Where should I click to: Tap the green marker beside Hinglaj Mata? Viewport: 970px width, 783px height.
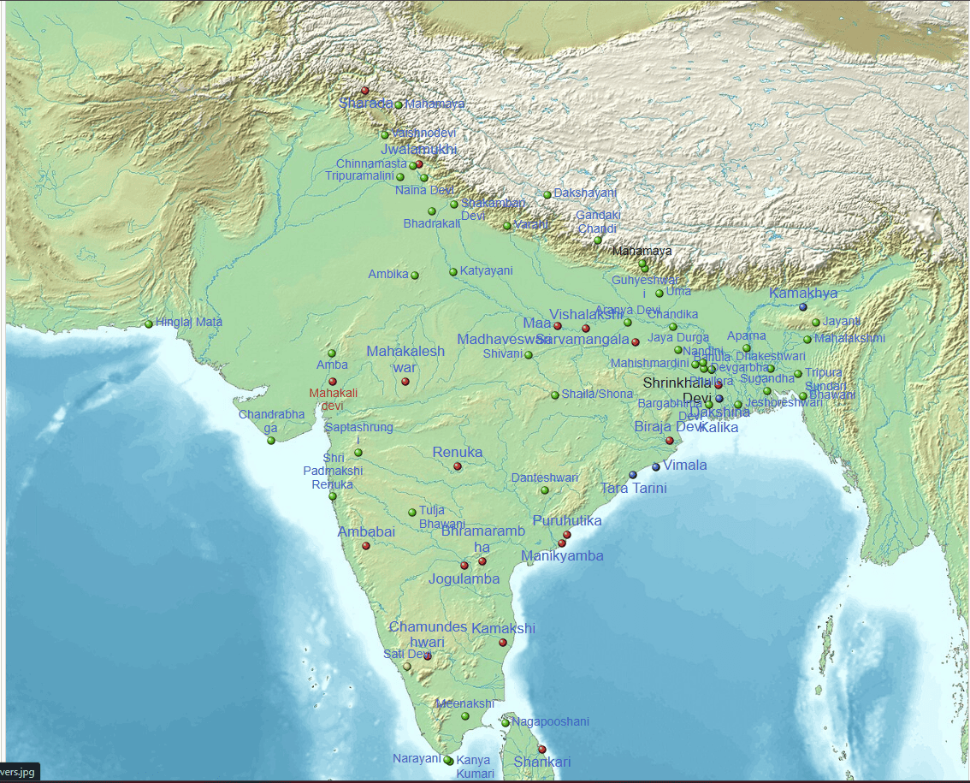coord(149,324)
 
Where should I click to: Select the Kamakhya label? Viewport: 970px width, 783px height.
coord(803,294)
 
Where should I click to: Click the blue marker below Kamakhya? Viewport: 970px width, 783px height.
coord(803,307)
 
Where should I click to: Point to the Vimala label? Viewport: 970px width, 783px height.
coord(685,466)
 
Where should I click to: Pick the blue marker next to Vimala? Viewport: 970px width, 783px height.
coord(656,466)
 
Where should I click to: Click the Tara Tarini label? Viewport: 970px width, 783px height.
coord(633,489)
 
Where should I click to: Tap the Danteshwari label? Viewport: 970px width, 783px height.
coord(545,478)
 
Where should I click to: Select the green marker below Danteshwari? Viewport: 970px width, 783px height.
coord(545,490)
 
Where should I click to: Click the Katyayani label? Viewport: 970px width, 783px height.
coord(486,271)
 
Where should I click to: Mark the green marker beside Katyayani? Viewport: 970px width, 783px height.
coord(453,272)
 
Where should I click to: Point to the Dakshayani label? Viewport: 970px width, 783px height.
coord(585,193)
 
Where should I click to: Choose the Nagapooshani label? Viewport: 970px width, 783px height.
coord(550,721)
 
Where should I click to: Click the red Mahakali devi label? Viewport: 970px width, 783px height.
coord(333,399)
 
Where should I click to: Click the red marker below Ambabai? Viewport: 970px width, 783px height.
coord(366,546)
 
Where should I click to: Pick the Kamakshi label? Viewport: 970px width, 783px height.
coord(503,629)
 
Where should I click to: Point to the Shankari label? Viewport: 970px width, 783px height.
coord(542,762)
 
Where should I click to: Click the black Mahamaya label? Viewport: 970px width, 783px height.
coord(642,252)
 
